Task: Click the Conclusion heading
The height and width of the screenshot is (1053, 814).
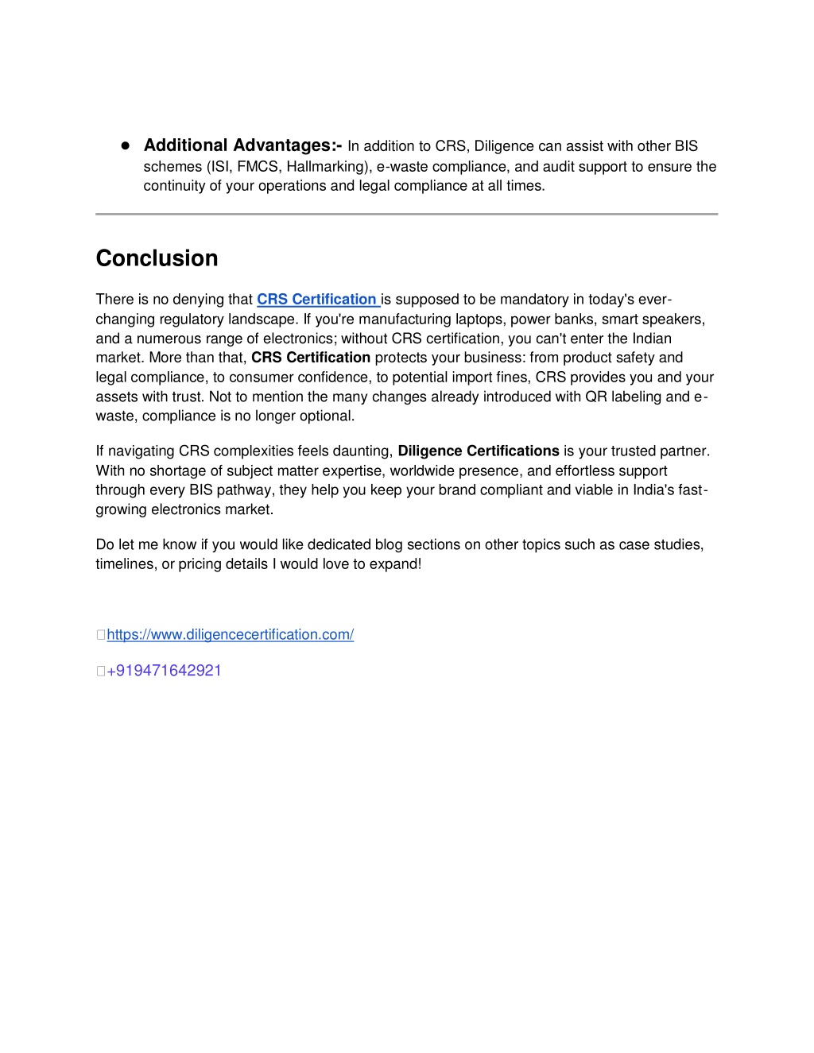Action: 157,258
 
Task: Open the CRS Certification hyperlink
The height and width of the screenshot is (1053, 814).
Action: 316,300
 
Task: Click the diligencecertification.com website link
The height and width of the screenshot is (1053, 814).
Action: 230,634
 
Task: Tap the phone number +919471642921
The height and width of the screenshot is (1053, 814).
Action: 164,670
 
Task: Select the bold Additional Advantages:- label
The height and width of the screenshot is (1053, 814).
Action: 242,145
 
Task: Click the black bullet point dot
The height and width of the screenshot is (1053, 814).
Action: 125,146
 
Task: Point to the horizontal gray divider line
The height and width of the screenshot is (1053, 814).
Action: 406,214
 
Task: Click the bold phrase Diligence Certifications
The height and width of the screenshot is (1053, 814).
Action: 479,451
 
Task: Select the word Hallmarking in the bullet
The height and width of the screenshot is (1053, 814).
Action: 328,167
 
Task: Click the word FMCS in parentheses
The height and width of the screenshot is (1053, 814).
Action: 258,167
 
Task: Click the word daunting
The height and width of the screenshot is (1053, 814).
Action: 366,451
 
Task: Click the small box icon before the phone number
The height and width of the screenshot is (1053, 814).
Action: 101,671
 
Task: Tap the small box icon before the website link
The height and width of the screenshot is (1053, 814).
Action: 101,635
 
